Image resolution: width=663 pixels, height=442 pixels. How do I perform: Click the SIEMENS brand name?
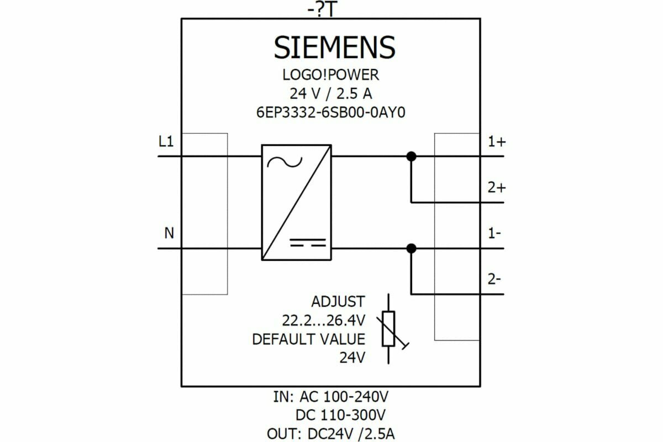(x=335, y=48)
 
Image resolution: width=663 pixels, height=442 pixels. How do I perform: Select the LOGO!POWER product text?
(x=331, y=75)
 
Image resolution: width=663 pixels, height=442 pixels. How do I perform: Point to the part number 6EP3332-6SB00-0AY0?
(x=331, y=112)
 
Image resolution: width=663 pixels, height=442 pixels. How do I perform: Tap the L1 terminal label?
(x=166, y=142)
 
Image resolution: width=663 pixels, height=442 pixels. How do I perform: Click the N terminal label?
(x=169, y=234)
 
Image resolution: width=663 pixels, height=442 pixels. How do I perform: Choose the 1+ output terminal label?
(x=496, y=142)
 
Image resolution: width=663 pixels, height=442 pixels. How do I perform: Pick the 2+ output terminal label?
(x=496, y=188)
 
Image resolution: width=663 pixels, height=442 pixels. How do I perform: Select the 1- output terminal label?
(x=494, y=234)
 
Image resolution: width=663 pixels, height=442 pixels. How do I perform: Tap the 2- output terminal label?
(x=494, y=280)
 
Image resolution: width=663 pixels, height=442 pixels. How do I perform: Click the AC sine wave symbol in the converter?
(x=285, y=162)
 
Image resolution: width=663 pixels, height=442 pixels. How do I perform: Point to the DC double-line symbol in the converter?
(x=308, y=242)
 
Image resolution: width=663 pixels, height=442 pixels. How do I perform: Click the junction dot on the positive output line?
(x=411, y=156)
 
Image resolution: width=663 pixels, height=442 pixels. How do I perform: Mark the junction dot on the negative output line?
(x=411, y=249)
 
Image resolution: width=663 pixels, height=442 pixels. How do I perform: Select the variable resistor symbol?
(x=389, y=329)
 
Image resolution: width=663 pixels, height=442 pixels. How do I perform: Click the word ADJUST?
(x=338, y=302)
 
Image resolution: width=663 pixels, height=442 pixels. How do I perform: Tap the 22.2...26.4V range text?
(x=323, y=320)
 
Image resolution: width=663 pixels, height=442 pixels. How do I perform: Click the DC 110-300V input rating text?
(x=340, y=415)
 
